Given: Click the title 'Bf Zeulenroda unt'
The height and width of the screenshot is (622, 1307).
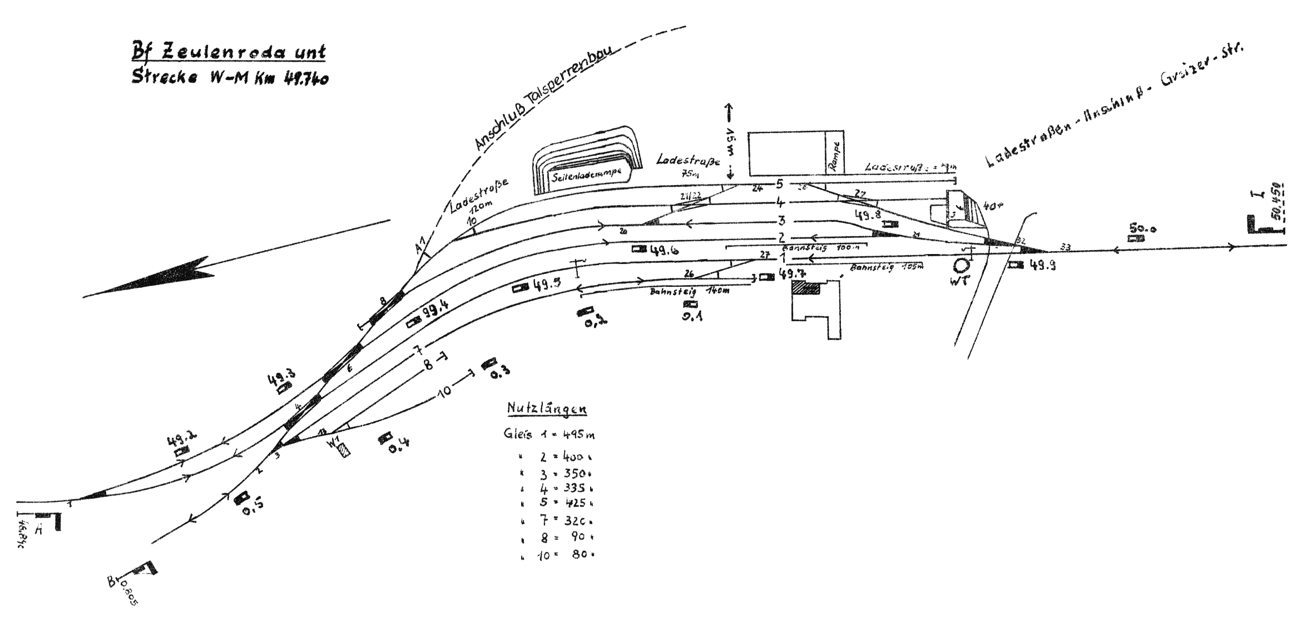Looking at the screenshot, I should [228, 52].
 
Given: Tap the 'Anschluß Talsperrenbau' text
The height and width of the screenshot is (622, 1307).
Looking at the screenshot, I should [542, 98].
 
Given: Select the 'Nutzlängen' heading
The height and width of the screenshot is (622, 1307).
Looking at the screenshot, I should [547, 409].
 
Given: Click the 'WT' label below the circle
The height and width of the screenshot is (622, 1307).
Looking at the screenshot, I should [959, 281].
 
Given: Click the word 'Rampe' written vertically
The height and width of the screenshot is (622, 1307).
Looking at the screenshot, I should [834, 155].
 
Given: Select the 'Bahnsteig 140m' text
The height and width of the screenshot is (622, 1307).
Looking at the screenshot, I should [689, 291].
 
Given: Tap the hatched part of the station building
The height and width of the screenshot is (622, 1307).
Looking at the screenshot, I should [806, 288].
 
